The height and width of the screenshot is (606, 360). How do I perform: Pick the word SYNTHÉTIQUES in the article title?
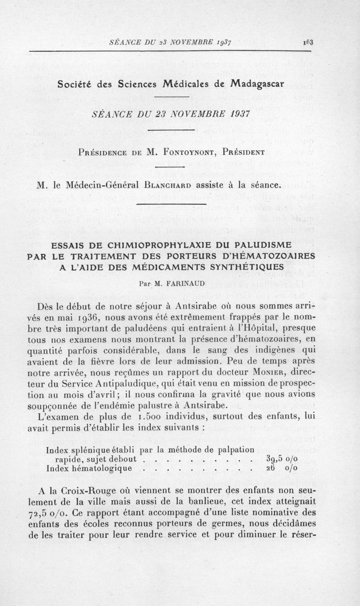click(244, 267)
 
